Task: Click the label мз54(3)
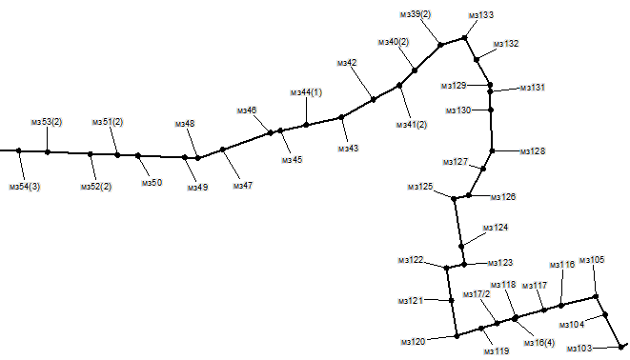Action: coord(25,187)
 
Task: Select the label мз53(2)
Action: coord(47,122)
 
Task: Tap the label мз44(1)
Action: coord(306,92)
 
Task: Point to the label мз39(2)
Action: coord(416,14)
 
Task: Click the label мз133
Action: coord(481,15)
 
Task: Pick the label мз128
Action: coord(533,151)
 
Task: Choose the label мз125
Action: coord(420,187)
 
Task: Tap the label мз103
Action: coord(579,349)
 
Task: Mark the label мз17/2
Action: coord(477,294)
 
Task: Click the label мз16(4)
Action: coord(539,343)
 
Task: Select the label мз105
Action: coord(592,260)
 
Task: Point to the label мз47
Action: coord(243,186)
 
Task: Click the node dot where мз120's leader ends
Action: coord(457,336)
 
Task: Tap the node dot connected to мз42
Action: coord(374,100)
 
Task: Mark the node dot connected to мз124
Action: coord(461,247)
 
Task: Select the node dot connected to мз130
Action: coord(491,110)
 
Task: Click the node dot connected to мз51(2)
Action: coord(117,155)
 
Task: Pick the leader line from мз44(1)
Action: coord(306,111)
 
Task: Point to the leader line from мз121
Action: coord(437,300)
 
